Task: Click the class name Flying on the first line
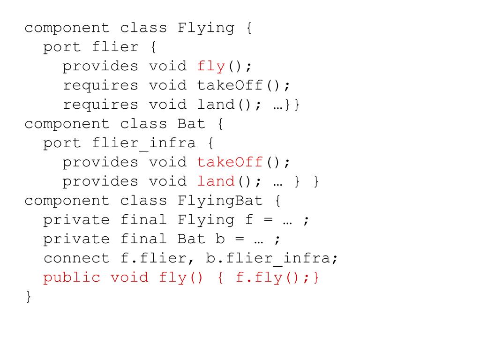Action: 206,28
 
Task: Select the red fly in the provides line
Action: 211,67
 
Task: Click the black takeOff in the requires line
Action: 230,85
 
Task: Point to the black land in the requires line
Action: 216,105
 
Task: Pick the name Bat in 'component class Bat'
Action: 192,124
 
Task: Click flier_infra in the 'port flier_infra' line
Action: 144,143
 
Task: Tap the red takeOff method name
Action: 230,162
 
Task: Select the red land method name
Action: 216,181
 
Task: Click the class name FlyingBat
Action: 220,201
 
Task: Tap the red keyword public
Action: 72,277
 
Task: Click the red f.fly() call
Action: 269,277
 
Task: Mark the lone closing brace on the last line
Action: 29,297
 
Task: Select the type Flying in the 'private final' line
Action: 206,220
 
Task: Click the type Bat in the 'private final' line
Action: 192,239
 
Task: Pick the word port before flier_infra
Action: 62,143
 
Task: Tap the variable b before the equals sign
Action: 220,239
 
